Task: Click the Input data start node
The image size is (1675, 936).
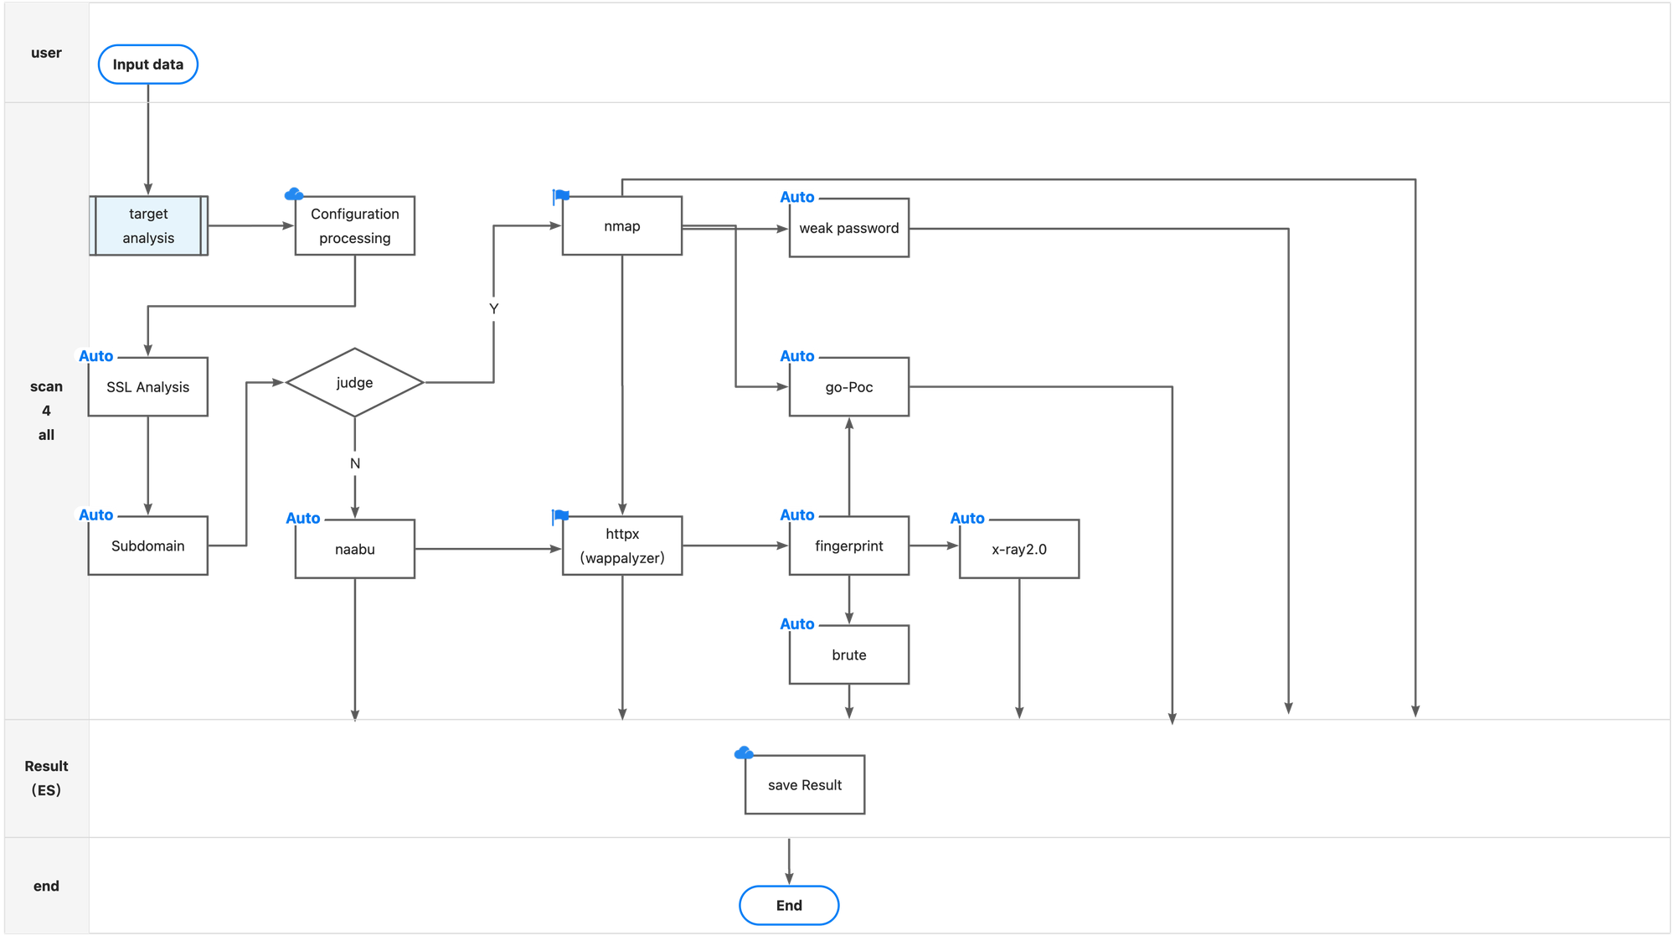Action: pos(148,65)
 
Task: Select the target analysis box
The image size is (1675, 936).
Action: pos(148,226)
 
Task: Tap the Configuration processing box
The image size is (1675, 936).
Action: pos(355,226)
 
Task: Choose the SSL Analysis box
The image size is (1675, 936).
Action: pos(148,387)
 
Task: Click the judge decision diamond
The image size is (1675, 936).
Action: pos(354,383)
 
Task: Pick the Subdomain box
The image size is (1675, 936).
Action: pos(148,546)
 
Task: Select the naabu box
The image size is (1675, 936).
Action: pos(355,550)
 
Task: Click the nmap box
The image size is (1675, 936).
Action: pos(622,226)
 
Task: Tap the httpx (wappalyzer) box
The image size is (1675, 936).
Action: pos(622,546)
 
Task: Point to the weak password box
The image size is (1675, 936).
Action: pos(849,228)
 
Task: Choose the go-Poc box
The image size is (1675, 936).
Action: pos(849,387)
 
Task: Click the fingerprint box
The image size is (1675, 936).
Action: pos(849,546)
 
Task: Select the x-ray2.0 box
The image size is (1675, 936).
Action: pos(1019,550)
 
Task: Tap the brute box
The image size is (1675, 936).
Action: pos(849,655)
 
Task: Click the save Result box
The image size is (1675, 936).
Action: pos(805,785)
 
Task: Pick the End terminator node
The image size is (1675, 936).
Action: pos(789,906)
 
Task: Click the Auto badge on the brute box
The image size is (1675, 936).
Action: pos(796,624)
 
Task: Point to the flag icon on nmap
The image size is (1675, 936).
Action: pos(560,197)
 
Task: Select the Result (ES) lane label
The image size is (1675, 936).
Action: pos(46,778)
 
